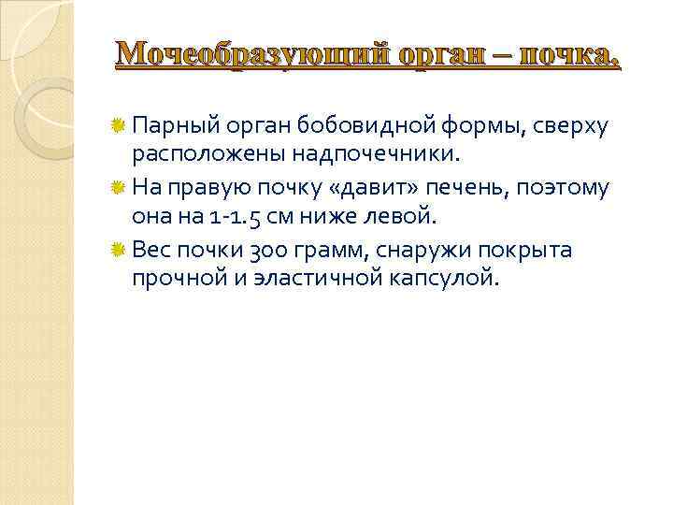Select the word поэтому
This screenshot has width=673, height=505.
(572, 188)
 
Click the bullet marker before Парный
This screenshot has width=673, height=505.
(119, 124)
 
